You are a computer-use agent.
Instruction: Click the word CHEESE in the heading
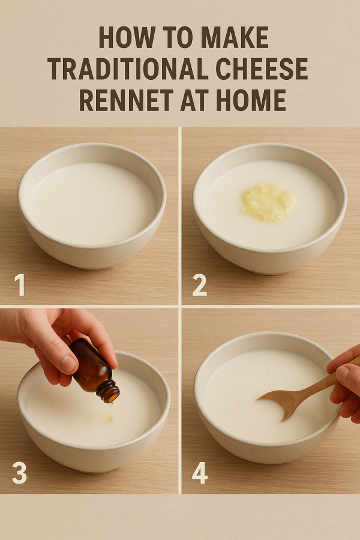point(262,68)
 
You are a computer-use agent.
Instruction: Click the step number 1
point(20,285)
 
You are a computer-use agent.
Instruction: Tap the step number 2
point(199,285)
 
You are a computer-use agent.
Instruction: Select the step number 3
point(19,473)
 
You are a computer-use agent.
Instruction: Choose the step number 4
point(200,473)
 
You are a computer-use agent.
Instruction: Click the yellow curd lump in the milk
point(268,202)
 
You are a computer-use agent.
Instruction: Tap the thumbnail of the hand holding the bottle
point(68,364)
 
